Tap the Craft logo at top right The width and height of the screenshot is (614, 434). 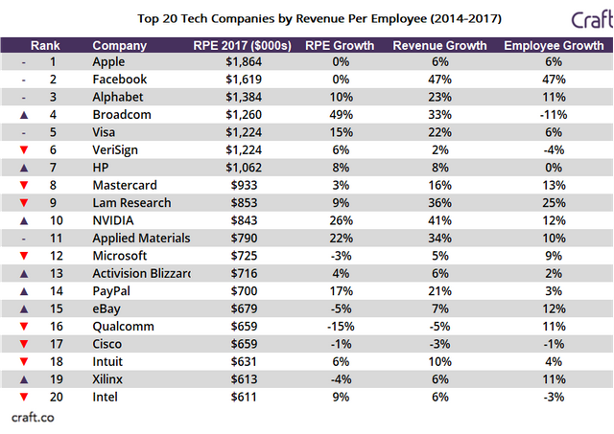click(x=579, y=18)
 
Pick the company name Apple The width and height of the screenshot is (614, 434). click(x=110, y=62)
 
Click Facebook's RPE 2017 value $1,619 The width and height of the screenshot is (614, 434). click(x=241, y=80)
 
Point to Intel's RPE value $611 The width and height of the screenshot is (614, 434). click(x=247, y=397)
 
